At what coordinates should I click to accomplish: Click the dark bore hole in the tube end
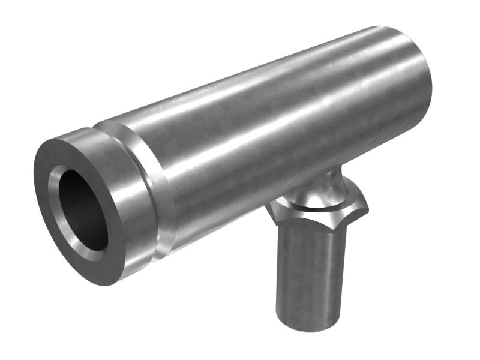tap(84, 210)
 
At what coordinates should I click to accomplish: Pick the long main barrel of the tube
tap(270, 132)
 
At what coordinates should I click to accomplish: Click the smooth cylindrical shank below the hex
tap(309, 270)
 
